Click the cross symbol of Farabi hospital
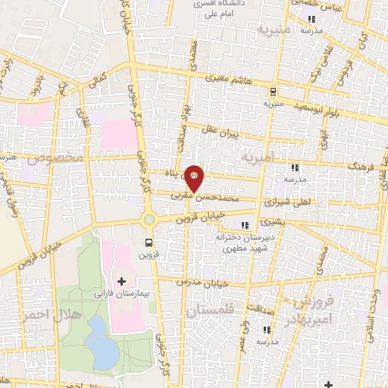[x=121, y=281]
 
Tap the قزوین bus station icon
[x=149, y=243]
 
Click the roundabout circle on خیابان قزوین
[x=149, y=221]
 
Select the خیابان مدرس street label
[x=202, y=281]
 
